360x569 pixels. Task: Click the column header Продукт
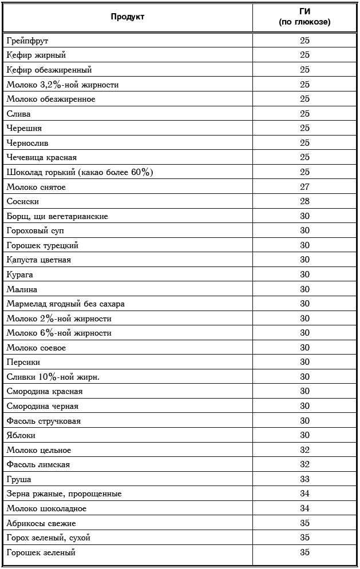click(128, 17)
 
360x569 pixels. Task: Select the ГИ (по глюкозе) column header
click(304, 17)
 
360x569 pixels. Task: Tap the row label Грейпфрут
click(27, 41)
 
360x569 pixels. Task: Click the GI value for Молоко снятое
click(304, 187)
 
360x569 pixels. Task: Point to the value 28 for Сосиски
click(304, 201)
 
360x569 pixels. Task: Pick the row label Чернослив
click(27, 143)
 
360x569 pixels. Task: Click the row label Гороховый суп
click(35, 230)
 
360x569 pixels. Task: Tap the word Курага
click(20, 274)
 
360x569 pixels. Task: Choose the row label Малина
click(22, 289)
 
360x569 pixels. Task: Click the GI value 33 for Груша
click(304, 479)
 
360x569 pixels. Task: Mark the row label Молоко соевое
click(36, 348)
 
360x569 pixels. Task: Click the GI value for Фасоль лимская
click(304, 464)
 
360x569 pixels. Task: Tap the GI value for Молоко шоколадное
click(304, 508)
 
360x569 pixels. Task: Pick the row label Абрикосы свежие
click(41, 523)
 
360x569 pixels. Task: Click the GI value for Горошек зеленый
click(304, 552)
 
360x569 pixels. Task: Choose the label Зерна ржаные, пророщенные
click(64, 494)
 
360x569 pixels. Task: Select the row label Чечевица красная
click(42, 157)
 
